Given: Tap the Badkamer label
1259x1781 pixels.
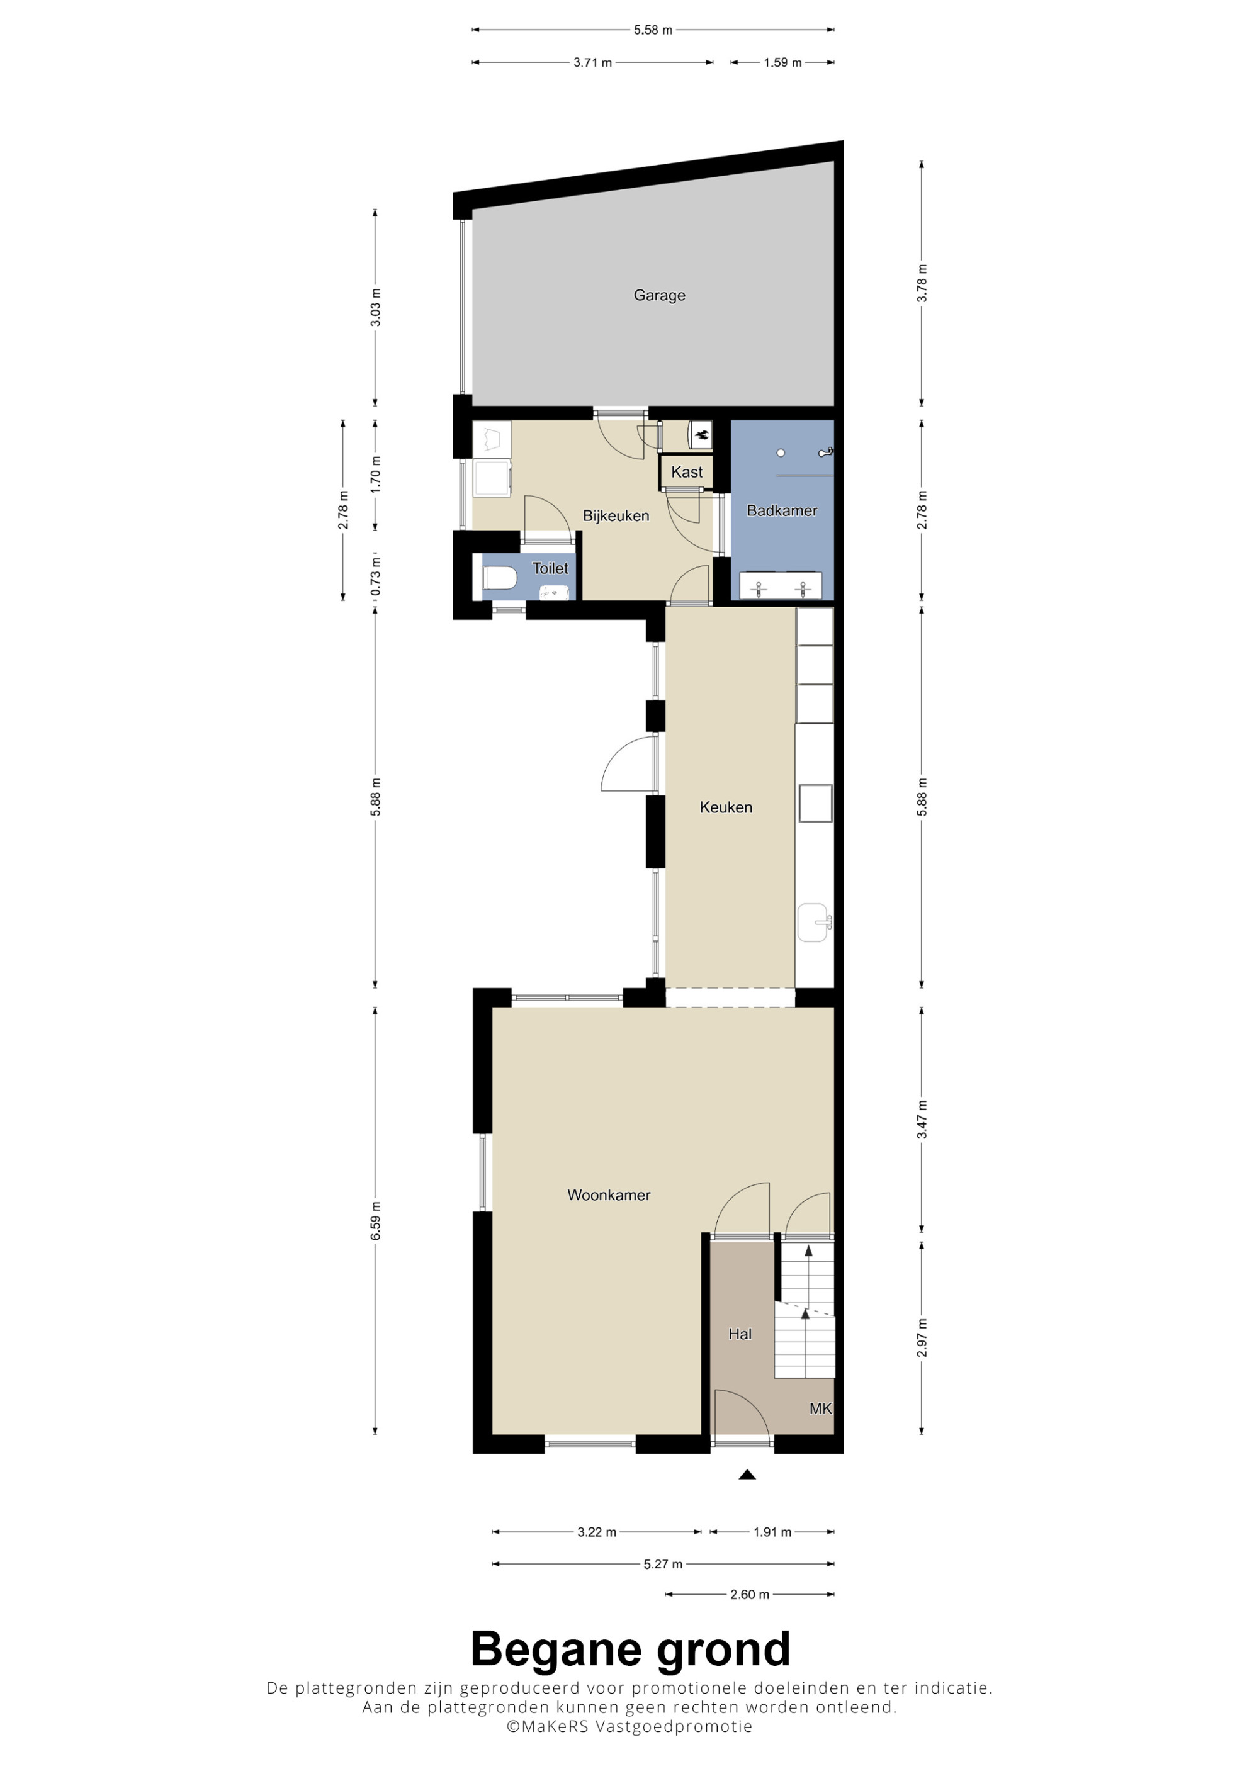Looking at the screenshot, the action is click(x=782, y=510).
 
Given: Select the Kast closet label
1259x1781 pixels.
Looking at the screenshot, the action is click(x=687, y=471).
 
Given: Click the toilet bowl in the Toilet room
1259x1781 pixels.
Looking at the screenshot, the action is click(x=500, y=578).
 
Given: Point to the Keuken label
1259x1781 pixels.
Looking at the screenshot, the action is click(x=726, y=807).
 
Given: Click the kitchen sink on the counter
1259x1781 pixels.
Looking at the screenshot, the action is click(x=813, y=923).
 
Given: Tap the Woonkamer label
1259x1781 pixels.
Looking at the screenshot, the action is click(x=609, y=1195).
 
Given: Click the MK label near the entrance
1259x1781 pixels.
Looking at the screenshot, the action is click(x=821, y=1408).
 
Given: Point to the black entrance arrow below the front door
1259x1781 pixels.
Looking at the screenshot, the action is click(x=747, y=1475).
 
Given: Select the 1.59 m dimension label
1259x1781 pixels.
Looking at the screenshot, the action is click(x=782, y=63).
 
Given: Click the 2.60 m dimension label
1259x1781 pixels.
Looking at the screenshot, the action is click(x=749, y=1595).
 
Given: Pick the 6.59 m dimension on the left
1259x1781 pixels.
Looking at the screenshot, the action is click(x=375, y=1220).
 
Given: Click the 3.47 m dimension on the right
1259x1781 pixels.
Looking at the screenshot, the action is click(x=922, y=1120).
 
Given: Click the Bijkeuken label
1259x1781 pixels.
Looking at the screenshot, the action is click(x=616, y=516).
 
